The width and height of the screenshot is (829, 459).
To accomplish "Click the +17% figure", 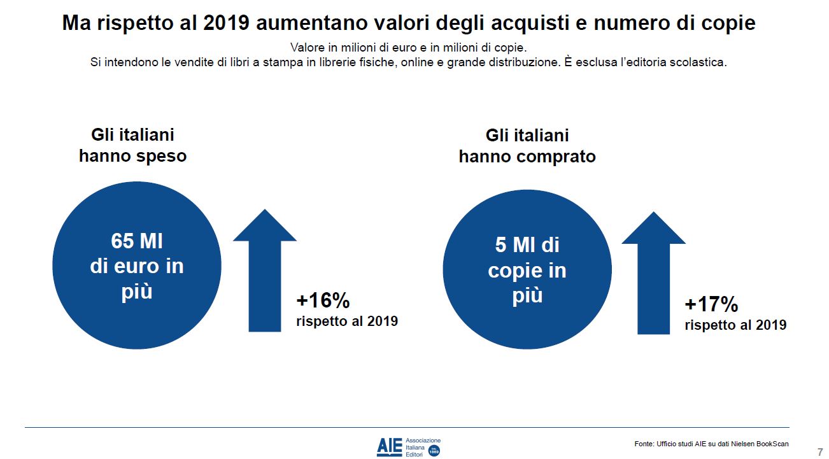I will [x=711, y=304].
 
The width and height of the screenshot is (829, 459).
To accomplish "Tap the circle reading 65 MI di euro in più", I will [x=137, y=266].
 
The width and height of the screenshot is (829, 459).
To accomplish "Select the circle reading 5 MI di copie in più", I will [x=527, y=270].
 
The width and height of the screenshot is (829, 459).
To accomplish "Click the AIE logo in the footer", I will [x=389, y=446].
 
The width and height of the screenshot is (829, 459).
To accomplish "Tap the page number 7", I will [x=819, y=451].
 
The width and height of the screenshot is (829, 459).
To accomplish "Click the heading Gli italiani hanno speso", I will [x=132, y=145].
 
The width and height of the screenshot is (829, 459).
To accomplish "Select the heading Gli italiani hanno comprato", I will [x=527, y=146].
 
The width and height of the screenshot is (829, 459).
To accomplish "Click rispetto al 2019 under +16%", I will [x=347, y=321].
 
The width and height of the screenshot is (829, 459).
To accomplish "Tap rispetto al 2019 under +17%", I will [x=735, y=325].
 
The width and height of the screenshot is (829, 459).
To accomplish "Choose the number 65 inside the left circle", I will [x=124, y=242].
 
